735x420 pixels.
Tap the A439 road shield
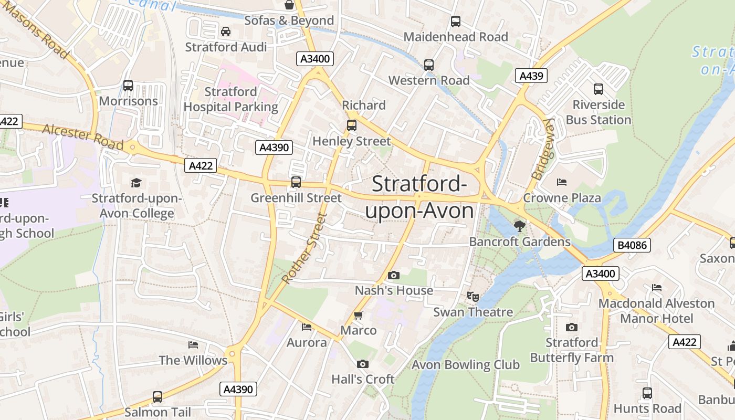pyautogui.click(x=531, y=76)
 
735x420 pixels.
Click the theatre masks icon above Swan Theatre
pyautogui.click(x=473, y=297)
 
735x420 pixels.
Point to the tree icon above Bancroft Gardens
pyautogui.click(x=520, y=226)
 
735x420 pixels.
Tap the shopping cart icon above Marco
pyautogui.click(x=359, y=315)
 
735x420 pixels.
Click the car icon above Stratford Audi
pyautogui.click(x=226, y=31)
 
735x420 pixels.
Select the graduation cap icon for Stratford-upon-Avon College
pyautogui.click(x=136, y=183)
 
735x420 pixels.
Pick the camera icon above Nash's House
pyautogui.click(x=393, y=275)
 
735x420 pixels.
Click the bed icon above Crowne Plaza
pyautogui.click(x=562, y=182)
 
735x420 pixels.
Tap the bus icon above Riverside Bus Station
pyautogui.click(x=598, y=89)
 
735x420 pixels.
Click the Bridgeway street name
pyautogui.click(x=543, y=149)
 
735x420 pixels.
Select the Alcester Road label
pyautogui.click(x=83, y=136)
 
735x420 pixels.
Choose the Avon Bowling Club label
pyautogui.click(x=465, y=365)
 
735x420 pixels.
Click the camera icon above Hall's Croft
pyautogui.click(x=362, y=364)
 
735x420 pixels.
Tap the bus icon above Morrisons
pyautogui.click(x=128, y=86)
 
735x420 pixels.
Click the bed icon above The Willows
pyautogui.click(x=193, y=345)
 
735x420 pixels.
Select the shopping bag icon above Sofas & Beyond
pyautogui.click(x=289, y=5)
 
